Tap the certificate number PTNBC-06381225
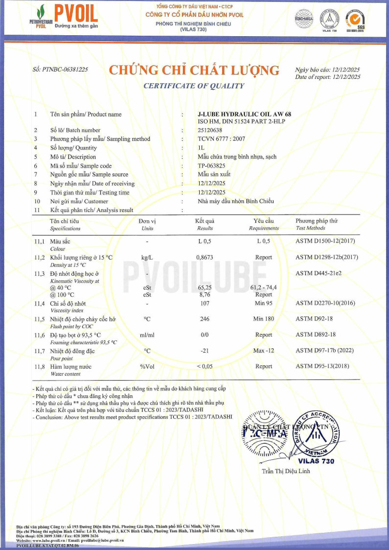point(59,70)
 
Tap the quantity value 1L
point(201,148)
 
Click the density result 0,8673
point(205,257)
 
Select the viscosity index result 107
point(205,304)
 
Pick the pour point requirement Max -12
point(264,351)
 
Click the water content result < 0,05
point(205,366)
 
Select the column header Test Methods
point(310,228)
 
